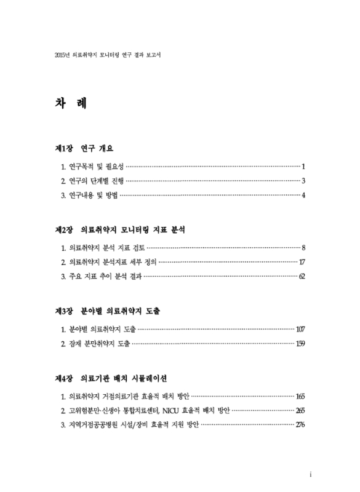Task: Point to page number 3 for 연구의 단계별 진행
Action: coord(304,181)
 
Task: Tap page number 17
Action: coord(302,262)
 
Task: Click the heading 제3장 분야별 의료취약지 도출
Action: coord(116,311)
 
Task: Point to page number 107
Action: coord(300,328)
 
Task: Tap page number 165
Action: coord(300,395)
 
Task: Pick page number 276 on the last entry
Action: coord(300,424)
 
